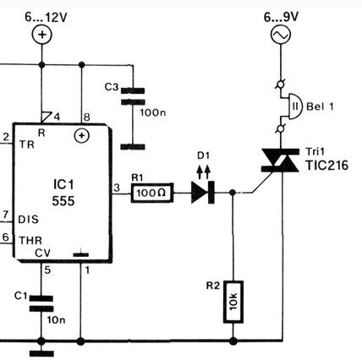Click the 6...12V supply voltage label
tap(46, 18)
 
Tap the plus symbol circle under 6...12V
tap(41, 35)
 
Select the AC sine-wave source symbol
tap(281, 35)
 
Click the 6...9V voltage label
tap(281, 17)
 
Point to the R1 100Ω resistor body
tap(152, 193)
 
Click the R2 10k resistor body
tap(233, 302)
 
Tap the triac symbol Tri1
tap(281, 161)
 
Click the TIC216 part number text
tap(327, 166)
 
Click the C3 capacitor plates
tap(133, 96)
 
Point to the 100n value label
tap(153, 113)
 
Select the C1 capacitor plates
tap(41, 303)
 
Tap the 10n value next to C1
tap(56, 320)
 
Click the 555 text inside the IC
tap(63, 201)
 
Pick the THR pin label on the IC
tap(30, 241)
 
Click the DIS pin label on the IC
tap(28, 220)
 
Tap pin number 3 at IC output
tap(117, 188)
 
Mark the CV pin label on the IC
tap(42, 253)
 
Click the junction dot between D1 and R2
tap(233, 193)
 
